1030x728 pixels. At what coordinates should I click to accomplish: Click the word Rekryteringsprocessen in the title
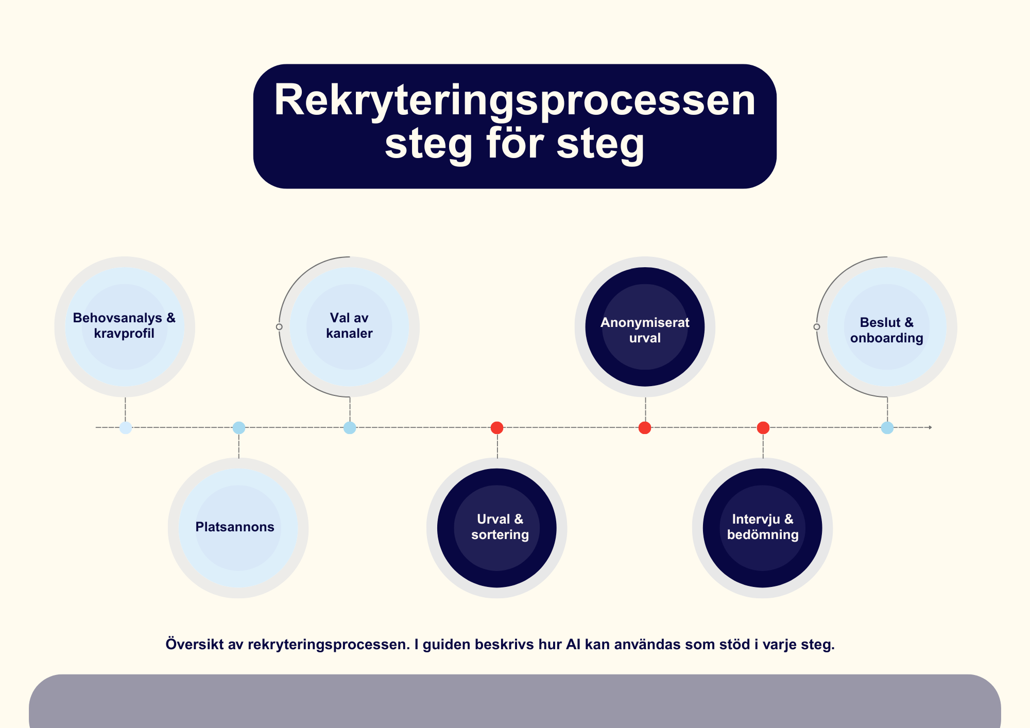pyautogui.click(x=514, y=100)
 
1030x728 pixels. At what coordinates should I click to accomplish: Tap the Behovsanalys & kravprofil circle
pyautogui.click(x=125, y=326)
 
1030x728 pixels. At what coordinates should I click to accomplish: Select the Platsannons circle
pyautogui.click(x=238, y=528)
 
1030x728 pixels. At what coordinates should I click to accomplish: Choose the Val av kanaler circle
pyautogui.click(x=349, y=326)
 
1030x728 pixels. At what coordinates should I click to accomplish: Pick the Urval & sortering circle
pyautogui.click(x=497, y=528)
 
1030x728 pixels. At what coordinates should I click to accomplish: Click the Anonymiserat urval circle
pyautogui.click(x=645, y=326)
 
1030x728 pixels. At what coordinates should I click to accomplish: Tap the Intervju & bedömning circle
pyautogui.click(x=763, y=528)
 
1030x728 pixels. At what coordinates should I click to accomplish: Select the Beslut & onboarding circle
pyautogui.click(x=887, y=326)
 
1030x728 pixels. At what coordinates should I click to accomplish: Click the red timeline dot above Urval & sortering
pyautogui.click(x=497, y=427)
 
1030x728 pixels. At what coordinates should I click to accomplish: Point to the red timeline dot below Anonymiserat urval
pyautogui.click(x=645, y=427)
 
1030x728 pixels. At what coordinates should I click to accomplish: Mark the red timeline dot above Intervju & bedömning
pyautogui.click(x=763, y=427)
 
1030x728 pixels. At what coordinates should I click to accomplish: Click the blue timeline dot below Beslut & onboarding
pyautogui.click(x=887, y=427)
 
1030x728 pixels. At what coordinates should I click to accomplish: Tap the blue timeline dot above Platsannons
pyautogui.click(x=239, y=427)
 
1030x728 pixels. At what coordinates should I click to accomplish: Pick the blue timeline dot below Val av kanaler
pyautogui.click(x=350, y=427)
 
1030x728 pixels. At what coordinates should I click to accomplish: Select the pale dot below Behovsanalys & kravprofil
pyautogui.click(x=126, y=427)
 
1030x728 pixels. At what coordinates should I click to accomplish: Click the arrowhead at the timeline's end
pyautogui.click(x=930, y=427)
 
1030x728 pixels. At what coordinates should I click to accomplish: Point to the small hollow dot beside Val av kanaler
pyautogui.click(x=279, y=327)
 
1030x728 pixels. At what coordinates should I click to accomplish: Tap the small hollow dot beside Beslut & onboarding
pyautogui.click(x=817, y=327)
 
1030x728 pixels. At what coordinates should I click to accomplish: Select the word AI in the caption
pyautogui.click(x=573, y=645)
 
